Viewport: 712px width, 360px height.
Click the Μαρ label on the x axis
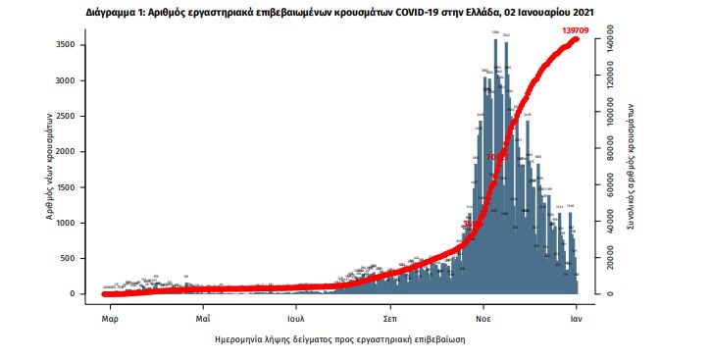coord(111,319)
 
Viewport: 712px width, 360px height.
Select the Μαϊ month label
coord(203,319)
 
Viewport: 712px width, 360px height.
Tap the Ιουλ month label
coord(297,319)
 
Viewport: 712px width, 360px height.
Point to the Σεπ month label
coord(389,319)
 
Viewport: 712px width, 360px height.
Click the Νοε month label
coord(483,319)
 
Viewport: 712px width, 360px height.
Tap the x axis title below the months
coord(339,338)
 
